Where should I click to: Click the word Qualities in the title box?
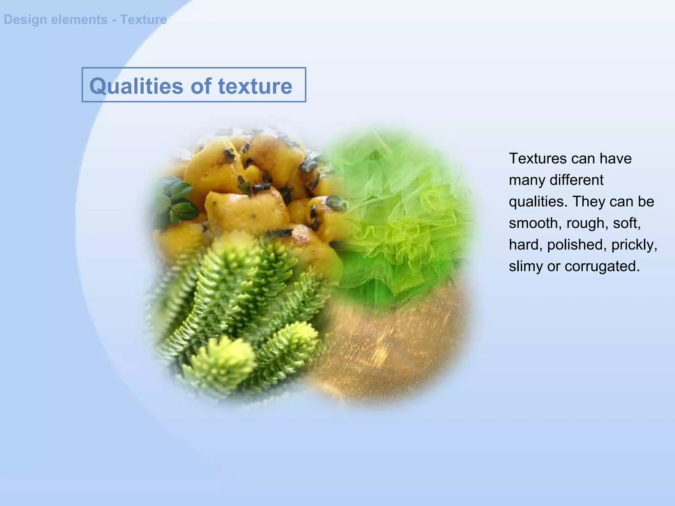136,86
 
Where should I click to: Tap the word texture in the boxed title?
255,86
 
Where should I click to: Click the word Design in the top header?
25,20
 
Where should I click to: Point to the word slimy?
525,266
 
